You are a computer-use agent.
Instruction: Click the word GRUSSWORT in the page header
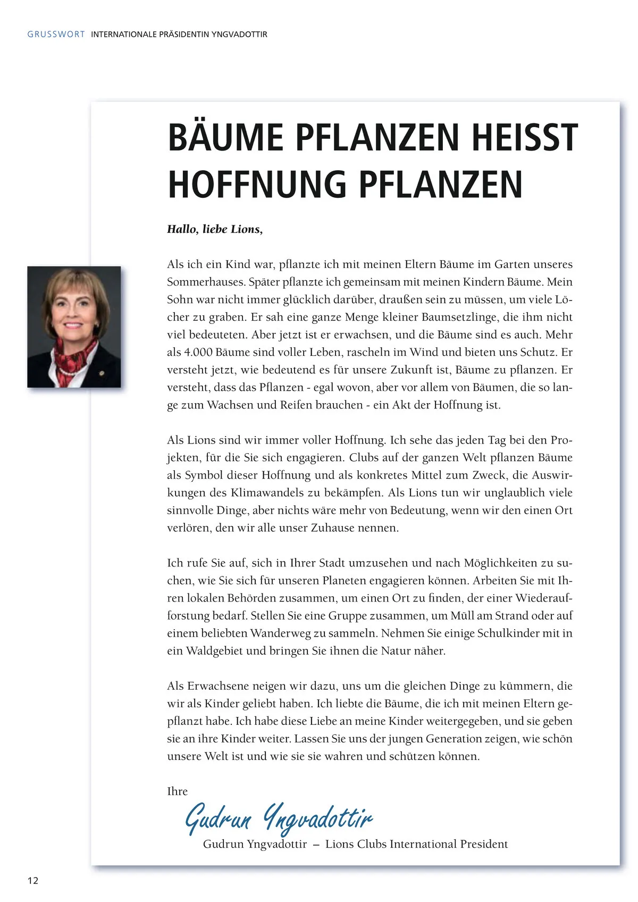click(x=56, y=34)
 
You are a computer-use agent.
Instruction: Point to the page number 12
click(x=33, y=880)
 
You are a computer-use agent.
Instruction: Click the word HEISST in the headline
click(x=524, y=138)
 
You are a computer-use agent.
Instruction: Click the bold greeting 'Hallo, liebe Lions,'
click(x=215, y=229)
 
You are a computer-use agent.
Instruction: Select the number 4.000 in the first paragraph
click(x=199, y=352)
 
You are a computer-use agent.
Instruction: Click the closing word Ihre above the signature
click(x=177, y=791)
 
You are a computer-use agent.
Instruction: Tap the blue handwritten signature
click(x=279, y=818)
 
